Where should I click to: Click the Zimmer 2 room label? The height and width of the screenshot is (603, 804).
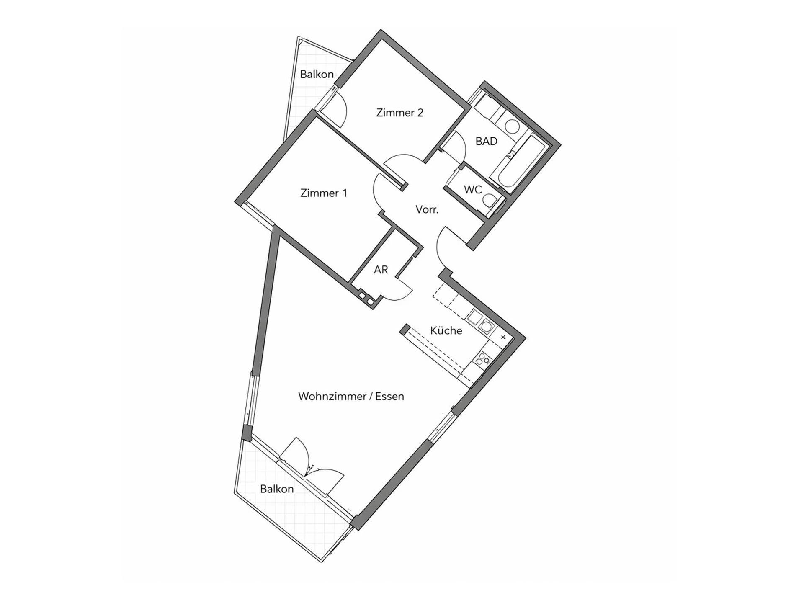399,113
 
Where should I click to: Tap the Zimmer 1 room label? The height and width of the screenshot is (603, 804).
324,193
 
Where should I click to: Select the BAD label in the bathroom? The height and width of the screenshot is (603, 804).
486,141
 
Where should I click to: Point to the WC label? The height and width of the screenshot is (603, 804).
473,190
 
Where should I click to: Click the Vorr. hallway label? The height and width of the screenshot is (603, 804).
427,209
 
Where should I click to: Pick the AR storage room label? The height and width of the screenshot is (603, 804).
381,270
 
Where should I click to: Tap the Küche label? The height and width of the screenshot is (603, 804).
446,330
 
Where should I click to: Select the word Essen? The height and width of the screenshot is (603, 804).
389,396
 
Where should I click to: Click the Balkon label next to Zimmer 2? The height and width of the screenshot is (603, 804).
317,74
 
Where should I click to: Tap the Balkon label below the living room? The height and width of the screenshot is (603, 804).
277,489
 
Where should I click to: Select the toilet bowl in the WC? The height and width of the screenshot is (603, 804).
489,202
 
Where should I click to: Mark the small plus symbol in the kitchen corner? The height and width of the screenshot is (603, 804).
503,337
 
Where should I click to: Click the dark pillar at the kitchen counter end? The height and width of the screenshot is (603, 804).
405,329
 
